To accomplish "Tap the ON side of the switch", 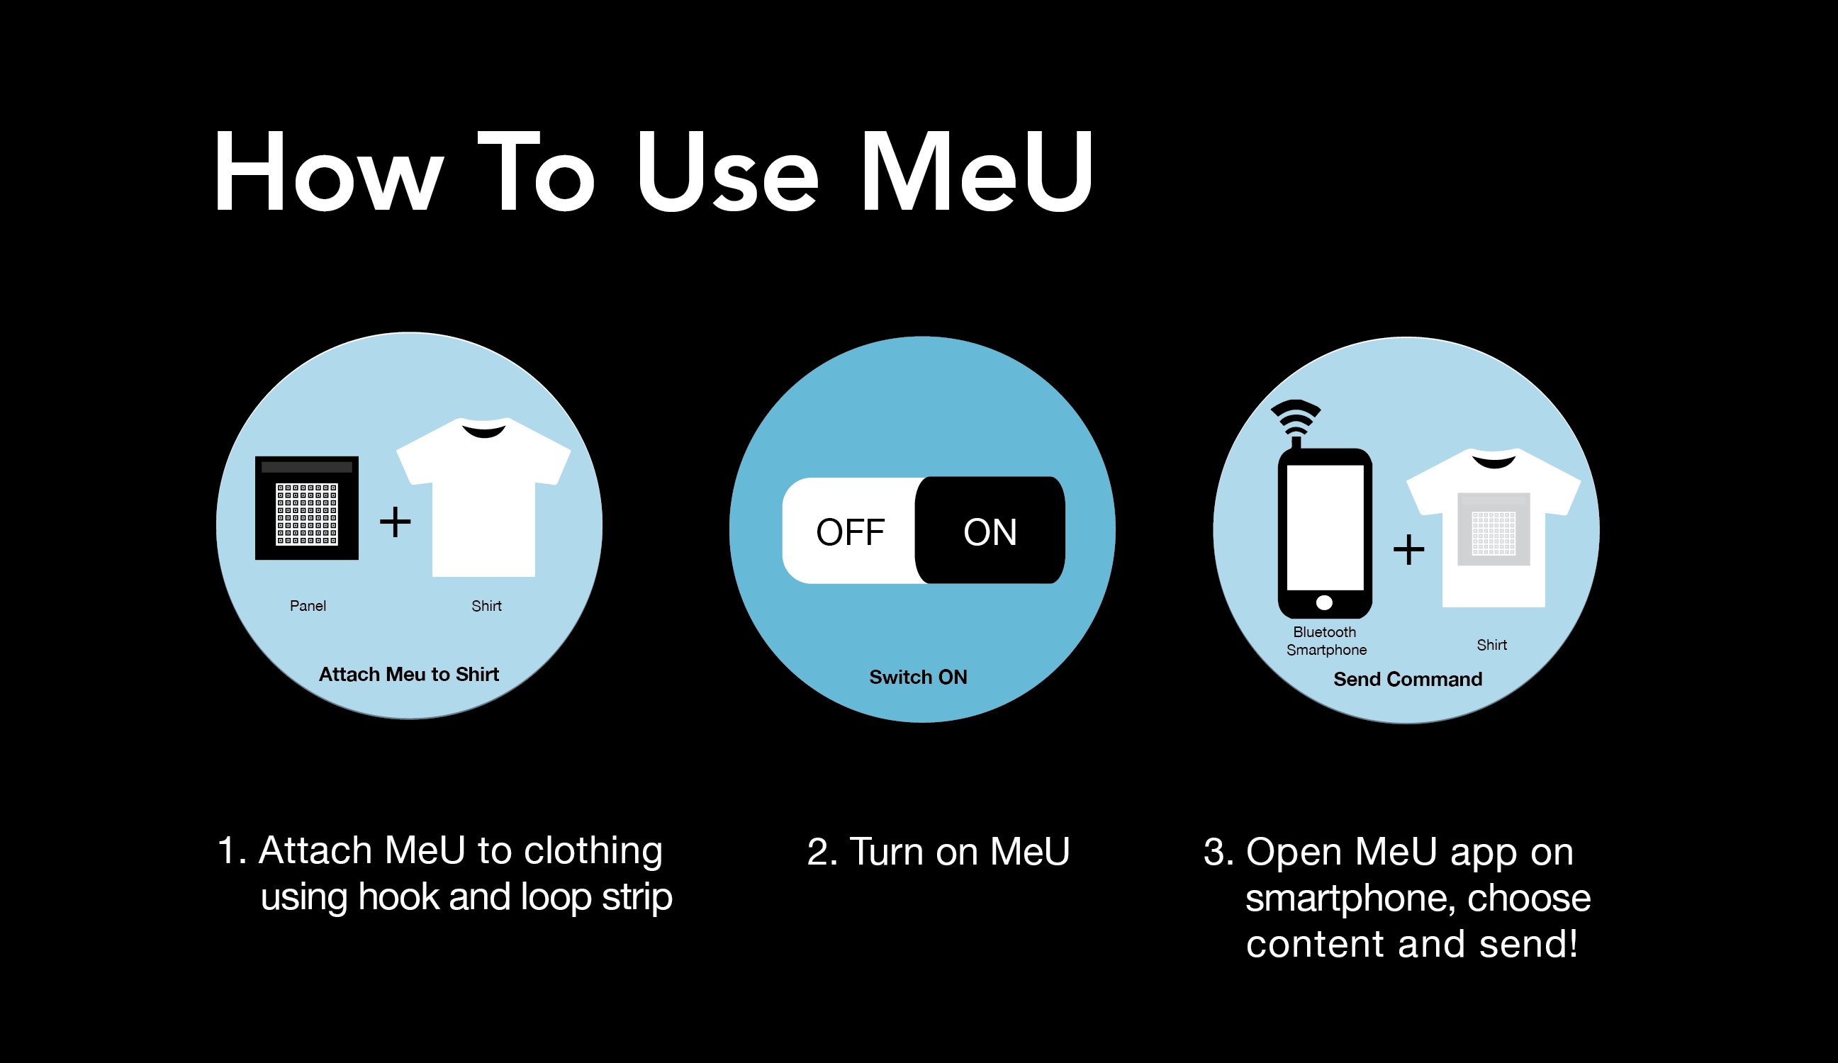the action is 990,531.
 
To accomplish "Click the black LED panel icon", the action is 306,508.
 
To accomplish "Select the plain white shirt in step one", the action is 483,497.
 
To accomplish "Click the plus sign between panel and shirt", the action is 396,522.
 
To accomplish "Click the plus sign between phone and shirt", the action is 1408,550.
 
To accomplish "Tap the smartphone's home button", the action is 1325,602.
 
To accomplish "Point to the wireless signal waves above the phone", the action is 1296,416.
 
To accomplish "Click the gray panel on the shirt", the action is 1494,529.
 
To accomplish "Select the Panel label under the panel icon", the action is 308,606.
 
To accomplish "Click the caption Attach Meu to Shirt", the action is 409,675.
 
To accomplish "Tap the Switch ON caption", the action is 918,677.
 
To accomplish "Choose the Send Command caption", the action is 1408,680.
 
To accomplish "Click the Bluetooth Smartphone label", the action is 1326,641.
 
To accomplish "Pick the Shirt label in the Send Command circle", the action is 1491,645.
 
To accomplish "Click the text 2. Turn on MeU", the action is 938,852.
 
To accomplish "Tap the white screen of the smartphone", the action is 1326,527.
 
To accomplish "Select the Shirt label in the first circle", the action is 486,606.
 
